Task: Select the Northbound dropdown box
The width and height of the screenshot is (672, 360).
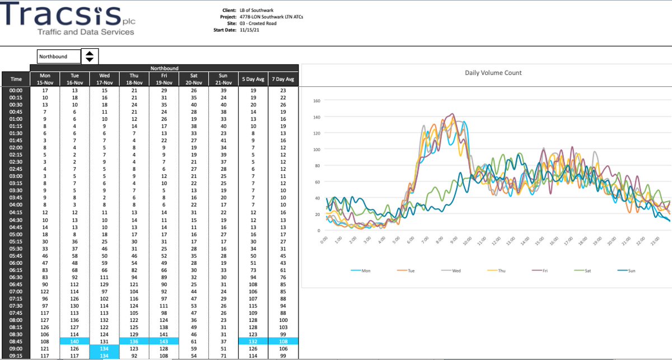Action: pyautogui.click(x=59, y=57)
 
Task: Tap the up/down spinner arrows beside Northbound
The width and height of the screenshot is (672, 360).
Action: pyautogui.click(x=90, y=57)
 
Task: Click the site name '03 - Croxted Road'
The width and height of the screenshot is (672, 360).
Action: pyautogui.click(x=258, y=24)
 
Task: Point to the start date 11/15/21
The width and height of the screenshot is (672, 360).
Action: pyautogui.click(x=249, y=30)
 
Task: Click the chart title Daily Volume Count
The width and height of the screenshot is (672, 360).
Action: pyautogui.click(x=493, y=73)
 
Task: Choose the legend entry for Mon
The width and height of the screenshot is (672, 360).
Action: pyautogui.click(x=361, y=270)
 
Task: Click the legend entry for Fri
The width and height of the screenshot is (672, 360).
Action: pyautogui.click(x=540, y=270)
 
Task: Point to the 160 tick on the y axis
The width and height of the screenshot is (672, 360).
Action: pyautogui.click(x=316, y=101)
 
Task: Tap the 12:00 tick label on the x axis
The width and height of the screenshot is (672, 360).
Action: pyautogui.click(x=496, y=241)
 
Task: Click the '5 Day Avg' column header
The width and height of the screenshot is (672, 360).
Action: pyautogui.click(x=253, y=79)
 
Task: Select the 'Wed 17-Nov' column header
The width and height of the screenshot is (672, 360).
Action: pyautogui.click(x=104, y=79)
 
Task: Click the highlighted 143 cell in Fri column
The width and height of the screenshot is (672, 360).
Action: pyautogui.click(x=164, y=342)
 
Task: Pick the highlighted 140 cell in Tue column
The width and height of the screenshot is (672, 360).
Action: pyautogui.click(x=74, y=342)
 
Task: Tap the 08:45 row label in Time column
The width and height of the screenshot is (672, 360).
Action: pyautogui.click(x=16, y=342)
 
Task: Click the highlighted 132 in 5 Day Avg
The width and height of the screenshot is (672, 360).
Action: pyautogui.click(x=253, y=342)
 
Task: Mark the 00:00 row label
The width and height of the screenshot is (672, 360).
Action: pyautogui.click(x=16, y=90)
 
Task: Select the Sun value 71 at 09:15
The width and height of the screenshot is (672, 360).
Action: pyautogui.click(x=223, y=356)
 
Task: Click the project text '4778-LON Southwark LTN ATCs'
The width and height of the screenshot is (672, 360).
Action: pyautogui.click(x=271, y=17)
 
